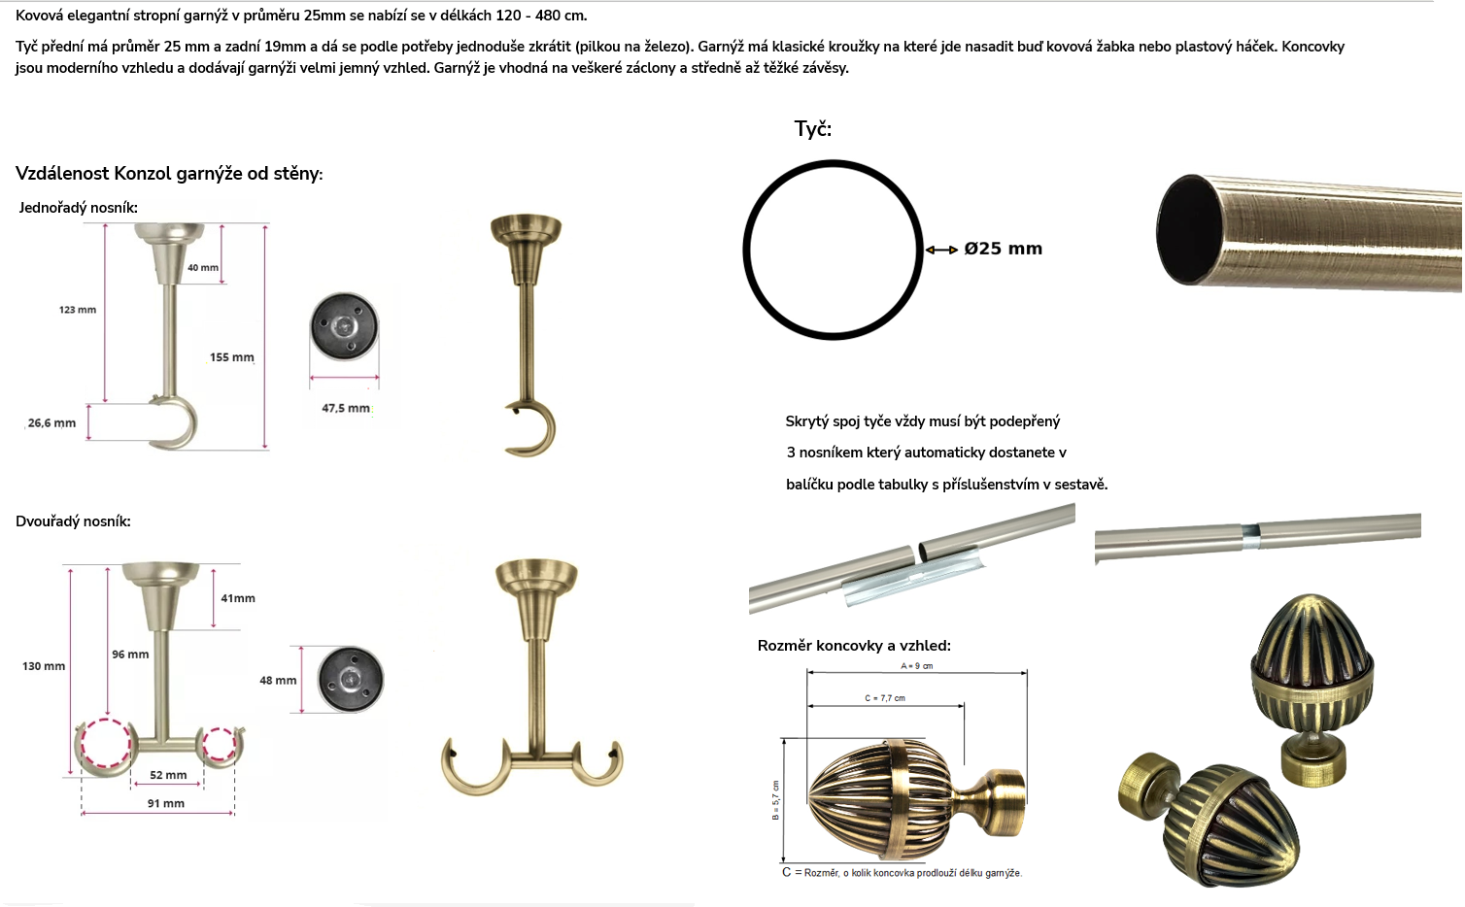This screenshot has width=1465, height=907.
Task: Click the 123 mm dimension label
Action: tap(77, 310)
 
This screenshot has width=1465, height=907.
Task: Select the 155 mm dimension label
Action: tap(231, 357)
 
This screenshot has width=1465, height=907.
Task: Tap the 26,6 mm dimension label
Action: tap(51, 423)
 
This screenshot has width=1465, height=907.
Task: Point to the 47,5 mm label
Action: tap(345, 408)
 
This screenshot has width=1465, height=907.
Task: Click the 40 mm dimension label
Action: tap(203, 267)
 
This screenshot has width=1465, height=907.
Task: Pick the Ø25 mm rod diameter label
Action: tap(1003, 249)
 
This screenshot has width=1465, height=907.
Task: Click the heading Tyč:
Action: tap(812, 129)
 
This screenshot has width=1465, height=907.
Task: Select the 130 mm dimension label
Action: tap(44, 666)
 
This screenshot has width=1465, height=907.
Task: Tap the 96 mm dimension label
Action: tap(130, 654)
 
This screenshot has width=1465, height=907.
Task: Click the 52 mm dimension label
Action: tap(168, 775)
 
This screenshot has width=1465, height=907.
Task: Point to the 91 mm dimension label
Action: tap(165, 803)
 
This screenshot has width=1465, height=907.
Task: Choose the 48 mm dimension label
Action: tap(278, 680)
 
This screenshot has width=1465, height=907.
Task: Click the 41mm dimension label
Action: tap(238, 598)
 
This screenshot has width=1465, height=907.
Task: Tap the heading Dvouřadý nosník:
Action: tap(73, 521)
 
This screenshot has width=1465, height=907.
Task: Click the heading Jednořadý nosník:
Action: tap(78, 207)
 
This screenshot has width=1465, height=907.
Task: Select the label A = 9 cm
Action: tap(916, 666)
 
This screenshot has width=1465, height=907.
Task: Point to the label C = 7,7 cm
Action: tap(885, 698)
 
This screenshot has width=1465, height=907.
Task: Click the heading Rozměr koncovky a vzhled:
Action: tap(854, 646)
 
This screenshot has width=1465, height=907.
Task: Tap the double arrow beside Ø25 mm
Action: tap(941, 250)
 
